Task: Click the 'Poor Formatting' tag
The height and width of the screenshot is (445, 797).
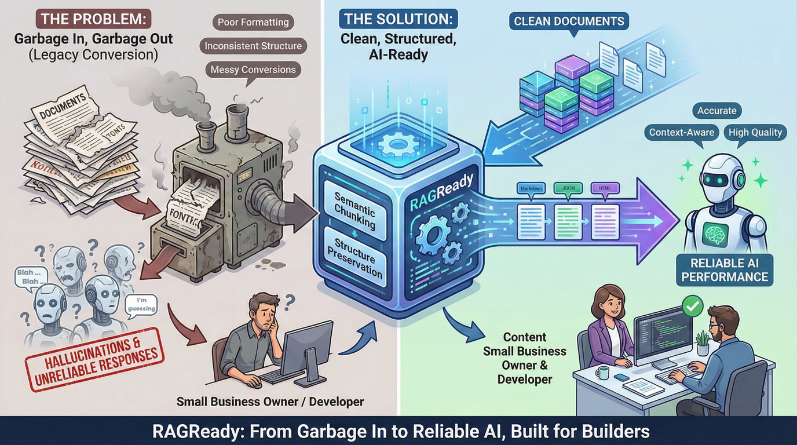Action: pyautogui.click(x=253, y=23)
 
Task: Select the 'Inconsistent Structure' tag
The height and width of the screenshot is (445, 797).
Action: pyautogui.click(x=253, y=46)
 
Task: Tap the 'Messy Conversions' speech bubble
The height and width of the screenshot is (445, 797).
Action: pyautogui.click(x=253, y=70)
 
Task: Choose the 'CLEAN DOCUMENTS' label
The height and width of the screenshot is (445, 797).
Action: pyautogui.click(x=569, y=21)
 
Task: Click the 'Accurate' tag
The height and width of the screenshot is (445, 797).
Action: pyautogui.click(x=717, y=110)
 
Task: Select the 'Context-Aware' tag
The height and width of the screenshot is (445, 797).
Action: pyautogui.click(x=682, y=132)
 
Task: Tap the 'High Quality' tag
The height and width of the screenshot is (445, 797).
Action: pyautogui.click(x=755, y=132)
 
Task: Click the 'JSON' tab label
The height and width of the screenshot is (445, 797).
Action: pyautogui.click(x=567, y=188)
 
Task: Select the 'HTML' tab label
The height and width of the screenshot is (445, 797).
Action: pyautogui.click(x=605, y=188)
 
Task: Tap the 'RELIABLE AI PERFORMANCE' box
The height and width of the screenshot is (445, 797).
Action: pyautogui.click(x=725, y=270)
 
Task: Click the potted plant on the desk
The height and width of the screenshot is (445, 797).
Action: pyautogui.click(x=703, y=342)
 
